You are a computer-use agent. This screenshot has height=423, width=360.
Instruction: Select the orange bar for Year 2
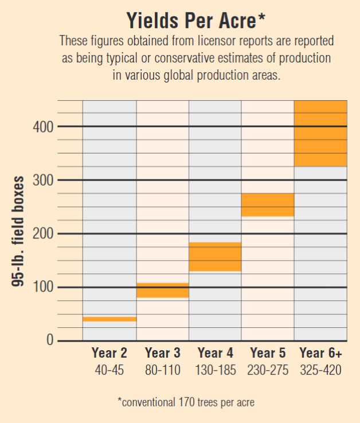pos(109,319)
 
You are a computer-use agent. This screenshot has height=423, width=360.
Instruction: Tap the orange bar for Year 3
pos(162,290)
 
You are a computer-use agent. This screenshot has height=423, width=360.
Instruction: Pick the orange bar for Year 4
pos(215,257)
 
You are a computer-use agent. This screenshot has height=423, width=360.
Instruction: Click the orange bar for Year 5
pos(268,205)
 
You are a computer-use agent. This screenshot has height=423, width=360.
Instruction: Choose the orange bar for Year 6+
pos(320,134)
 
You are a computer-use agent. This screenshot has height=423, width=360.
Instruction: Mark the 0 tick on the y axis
pos(50,341)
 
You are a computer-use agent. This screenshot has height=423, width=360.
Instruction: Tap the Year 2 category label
pos(109,353)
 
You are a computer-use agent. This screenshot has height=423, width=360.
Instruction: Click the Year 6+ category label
pos(320,353)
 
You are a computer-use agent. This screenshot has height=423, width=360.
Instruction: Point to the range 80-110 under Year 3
pos(162,370)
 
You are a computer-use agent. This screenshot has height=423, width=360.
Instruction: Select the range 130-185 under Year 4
pos(215,370)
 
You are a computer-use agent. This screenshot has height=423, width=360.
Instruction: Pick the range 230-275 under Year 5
pos(268,370)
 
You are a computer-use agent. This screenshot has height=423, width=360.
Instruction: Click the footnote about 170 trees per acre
pos(186,402)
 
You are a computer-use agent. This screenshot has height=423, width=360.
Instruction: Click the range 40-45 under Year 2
pos(109,370)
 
